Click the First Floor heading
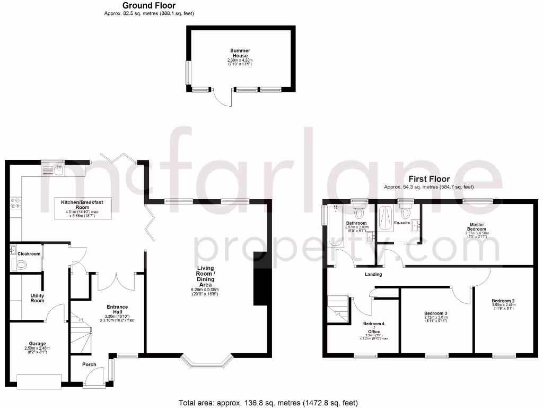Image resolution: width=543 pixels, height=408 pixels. (x=429, y=180)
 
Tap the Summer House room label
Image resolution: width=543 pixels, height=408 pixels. (x=240, y=53)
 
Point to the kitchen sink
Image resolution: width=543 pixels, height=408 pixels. (x=58, y=170)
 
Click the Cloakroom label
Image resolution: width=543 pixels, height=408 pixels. (x=29, y=254)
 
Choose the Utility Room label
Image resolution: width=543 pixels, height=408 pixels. (x=37, y=297)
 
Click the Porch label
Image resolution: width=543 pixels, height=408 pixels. (x=89, y=364)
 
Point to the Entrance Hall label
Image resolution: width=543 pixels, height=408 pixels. (x=117, y=310)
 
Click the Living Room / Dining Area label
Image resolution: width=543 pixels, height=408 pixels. (x=205, y=280)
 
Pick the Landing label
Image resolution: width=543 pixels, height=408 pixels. (x=373, y=274)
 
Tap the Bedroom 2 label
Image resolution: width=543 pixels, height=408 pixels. (x=503, y=301)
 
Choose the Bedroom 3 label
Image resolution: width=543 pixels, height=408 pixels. (x=435, y=313)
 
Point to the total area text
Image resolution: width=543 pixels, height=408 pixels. (x=271, y=403)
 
